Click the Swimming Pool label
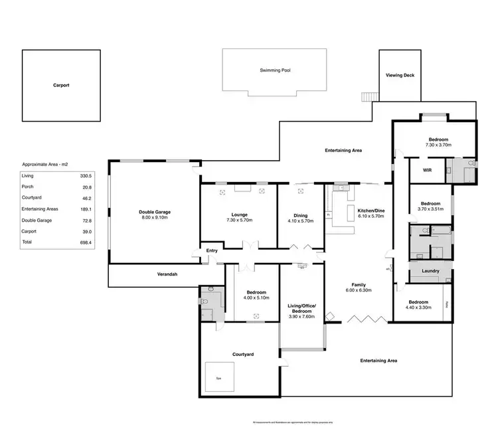276,70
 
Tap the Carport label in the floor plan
61,85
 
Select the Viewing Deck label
400,76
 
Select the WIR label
428,170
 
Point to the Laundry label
429,271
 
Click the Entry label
212,250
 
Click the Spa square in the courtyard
220,377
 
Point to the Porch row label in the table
27,187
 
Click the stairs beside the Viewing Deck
369,96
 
